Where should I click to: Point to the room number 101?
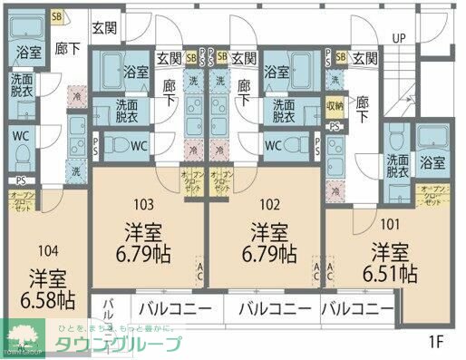tap(391, 222)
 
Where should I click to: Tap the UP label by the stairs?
tap(398, 37)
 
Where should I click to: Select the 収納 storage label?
tap(335, 104)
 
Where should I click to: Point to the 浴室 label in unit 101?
tap(432, 163)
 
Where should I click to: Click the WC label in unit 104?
tap(22, 137)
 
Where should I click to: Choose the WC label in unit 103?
tap(139, 144)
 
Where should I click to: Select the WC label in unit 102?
tap(271, 144)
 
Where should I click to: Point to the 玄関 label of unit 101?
tap(364, 59)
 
